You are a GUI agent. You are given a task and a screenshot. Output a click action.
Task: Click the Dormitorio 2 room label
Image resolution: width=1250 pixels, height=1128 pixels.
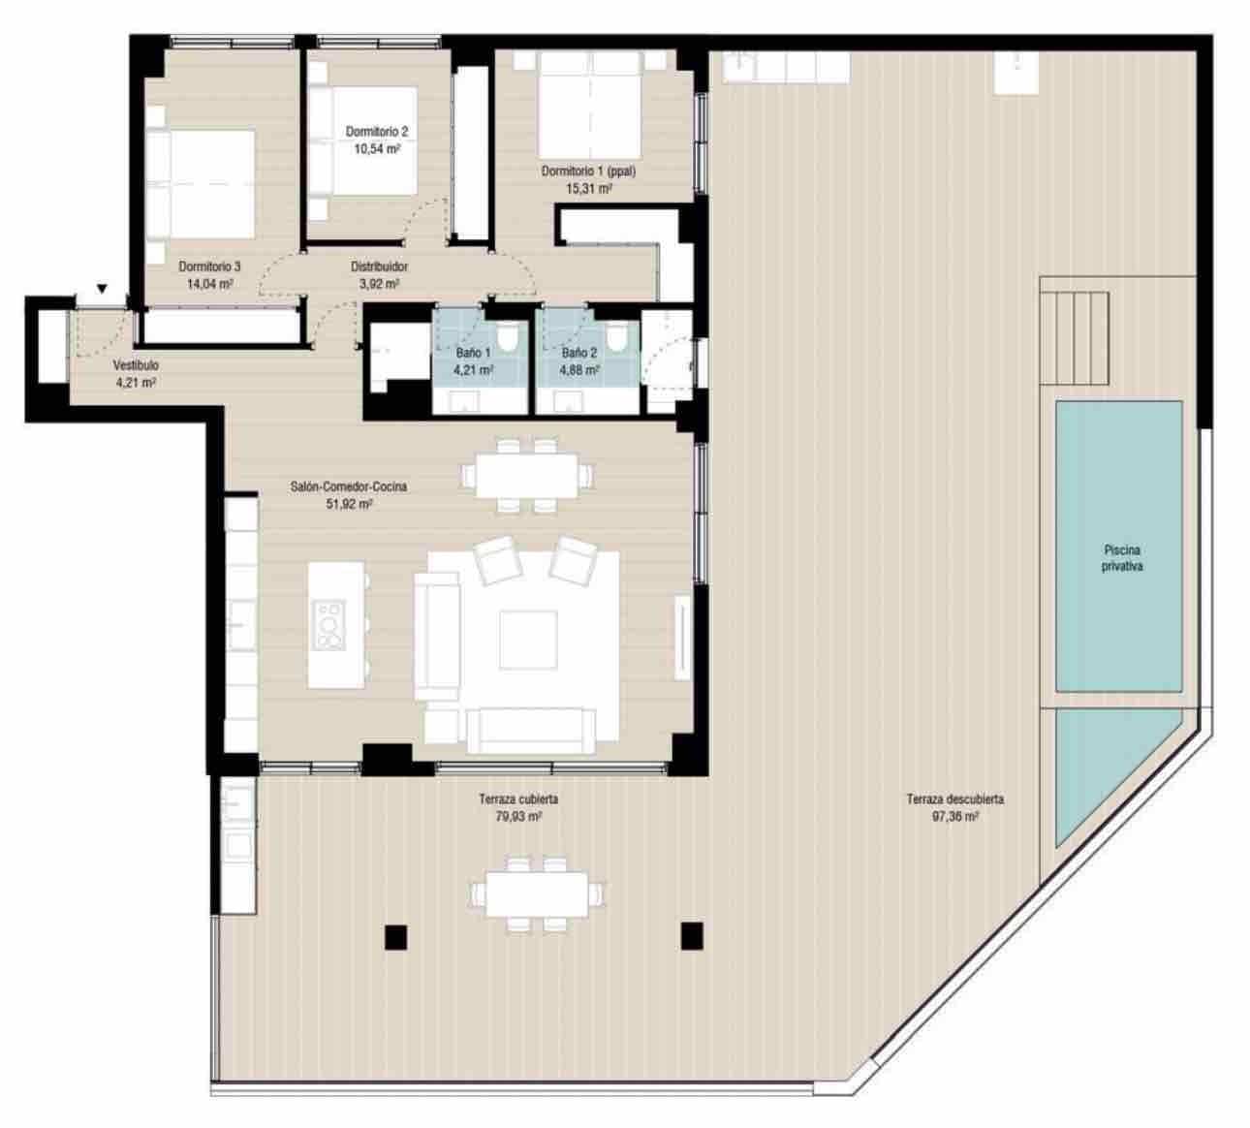point(377,132)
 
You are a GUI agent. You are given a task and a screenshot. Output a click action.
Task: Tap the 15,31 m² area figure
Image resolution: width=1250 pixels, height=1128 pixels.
point(588,189)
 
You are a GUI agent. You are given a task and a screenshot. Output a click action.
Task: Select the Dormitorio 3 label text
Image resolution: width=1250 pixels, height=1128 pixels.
point(209,266)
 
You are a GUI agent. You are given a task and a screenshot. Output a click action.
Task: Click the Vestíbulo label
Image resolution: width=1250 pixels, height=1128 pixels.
point(136,366)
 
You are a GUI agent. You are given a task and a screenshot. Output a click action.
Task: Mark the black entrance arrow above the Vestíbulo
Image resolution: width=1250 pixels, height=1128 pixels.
point(103,289)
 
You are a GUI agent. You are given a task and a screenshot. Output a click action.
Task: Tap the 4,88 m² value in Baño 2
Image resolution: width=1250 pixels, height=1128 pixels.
point(579,370)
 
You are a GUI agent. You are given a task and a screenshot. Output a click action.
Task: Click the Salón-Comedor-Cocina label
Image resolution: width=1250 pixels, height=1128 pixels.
point(350,488)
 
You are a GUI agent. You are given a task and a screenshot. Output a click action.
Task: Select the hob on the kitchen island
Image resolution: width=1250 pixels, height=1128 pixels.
point(329,624)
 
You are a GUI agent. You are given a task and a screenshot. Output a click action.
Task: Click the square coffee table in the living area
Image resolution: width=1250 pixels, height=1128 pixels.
point(528,640)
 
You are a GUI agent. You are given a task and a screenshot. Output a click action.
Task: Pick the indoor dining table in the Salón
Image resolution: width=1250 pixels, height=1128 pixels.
point(527,476)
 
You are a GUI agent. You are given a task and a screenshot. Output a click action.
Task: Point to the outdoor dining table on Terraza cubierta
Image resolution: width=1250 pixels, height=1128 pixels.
point(530,893)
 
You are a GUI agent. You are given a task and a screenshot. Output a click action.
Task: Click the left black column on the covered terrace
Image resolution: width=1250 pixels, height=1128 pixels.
point(394,936)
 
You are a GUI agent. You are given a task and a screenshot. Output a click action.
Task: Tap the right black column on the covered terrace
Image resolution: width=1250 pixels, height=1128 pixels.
point(691,935)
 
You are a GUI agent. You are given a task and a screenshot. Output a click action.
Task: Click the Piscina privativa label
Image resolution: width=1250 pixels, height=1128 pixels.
point(1121,558)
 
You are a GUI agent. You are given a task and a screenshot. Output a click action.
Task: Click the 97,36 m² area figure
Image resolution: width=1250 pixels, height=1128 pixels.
point(954,817)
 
